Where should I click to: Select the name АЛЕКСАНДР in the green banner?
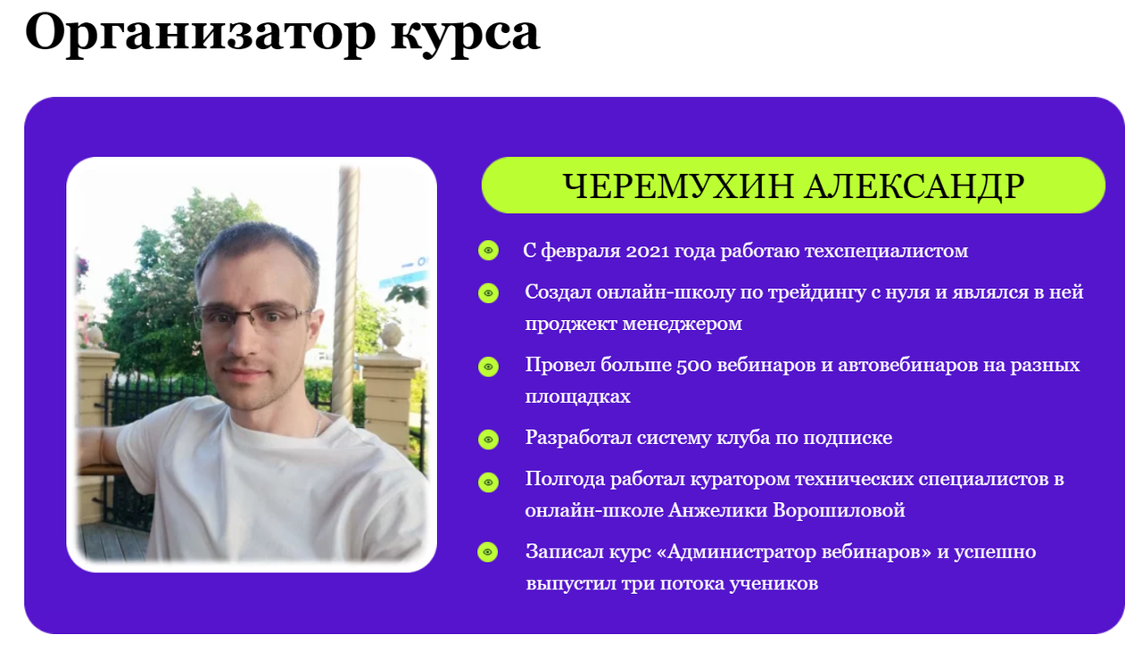pyautogui.click(x=914, y=186)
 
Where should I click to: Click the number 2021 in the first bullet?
pyautogui.click(x=656, y=251)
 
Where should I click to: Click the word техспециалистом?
pyautogui.click(x=886, y=251)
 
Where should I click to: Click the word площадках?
pyautogui.click(x=577, y=397)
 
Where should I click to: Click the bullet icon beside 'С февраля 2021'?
pyautogui.click(x=488, y=251)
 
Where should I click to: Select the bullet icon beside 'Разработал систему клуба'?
pyautogui.click(x=488, y=438)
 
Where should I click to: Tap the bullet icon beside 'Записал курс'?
pyautogui.click(x=488, y=552)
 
